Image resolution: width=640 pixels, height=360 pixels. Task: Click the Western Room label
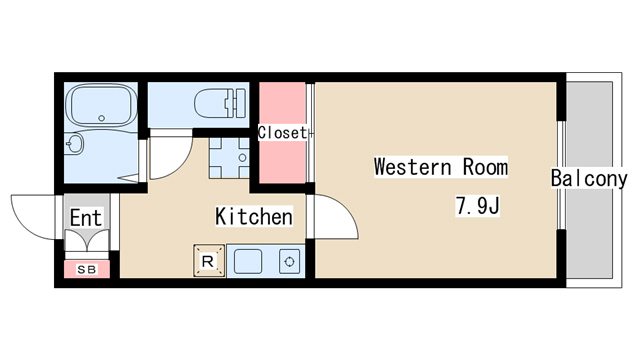(x=441, y=167)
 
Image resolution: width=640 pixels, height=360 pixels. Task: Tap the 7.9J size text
(x=477, y=206)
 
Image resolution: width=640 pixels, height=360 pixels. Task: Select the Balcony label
(x=589, y=178)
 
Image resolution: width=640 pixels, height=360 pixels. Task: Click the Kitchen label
(x=254, y=216)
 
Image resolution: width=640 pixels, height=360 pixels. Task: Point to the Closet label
(x=282, y=133)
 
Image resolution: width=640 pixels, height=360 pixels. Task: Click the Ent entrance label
(x=86, y=218)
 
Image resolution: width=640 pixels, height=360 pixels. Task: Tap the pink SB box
(x=87, y=269)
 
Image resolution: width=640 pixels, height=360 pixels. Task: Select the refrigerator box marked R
(x=209, y=261)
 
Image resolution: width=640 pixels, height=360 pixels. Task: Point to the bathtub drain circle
(x=102, y=118)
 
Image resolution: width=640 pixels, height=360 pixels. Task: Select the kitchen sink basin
(x=248, y=262)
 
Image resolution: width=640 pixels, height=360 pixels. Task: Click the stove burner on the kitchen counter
(x=289, y=262)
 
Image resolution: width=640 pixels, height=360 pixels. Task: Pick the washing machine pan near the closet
(x=229, y=158)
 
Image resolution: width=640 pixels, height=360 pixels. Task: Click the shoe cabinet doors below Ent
(x=87, y=241)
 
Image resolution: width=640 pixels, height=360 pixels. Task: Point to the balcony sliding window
(x=562, y=175)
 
